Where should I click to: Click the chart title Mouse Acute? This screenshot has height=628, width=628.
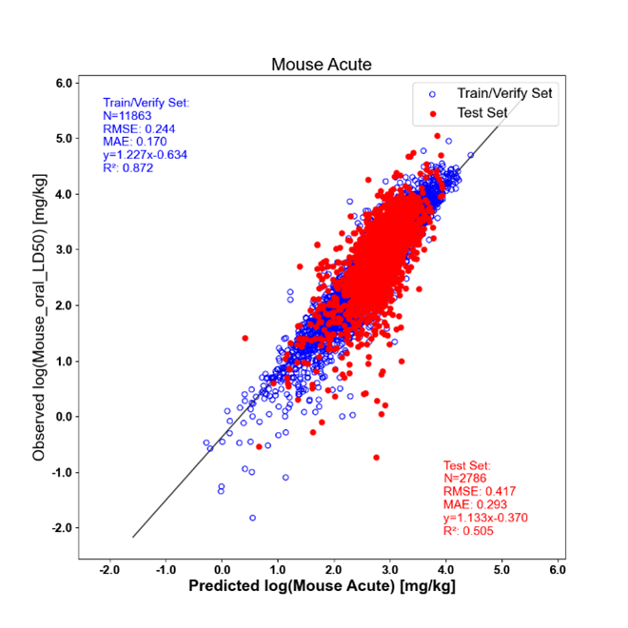click(x=322, y=65)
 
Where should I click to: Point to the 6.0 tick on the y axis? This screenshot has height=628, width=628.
click(x=65, y=84)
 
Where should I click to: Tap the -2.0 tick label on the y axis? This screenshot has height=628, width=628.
click(x=63, y=528)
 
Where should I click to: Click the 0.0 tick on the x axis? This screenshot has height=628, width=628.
click(x=222, y=570)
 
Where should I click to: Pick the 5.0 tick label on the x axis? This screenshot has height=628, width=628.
click(x=501, y=570)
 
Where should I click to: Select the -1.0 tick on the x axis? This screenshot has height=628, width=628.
click(x=166, y=570)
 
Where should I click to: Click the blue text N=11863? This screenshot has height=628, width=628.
click(x=127, y=116)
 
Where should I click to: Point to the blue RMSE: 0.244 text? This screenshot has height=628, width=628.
click(x=139, y=129)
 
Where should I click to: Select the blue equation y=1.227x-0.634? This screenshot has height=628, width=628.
click(x=145, y=155)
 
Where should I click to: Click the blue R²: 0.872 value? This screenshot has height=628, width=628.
click(x=128, y=167)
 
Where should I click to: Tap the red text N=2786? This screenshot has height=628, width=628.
click(x=465, y=479)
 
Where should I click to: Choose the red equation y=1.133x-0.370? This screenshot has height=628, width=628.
click(x=485, y=518)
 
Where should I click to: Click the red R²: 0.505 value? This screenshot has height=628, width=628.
click(x=468, y=531)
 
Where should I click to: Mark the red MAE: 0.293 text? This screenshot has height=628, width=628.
click(x=475, y=504)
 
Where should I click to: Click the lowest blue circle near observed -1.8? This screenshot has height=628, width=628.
click(x=253, y=518)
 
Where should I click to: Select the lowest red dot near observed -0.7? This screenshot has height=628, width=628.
click(x=376, y=458)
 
